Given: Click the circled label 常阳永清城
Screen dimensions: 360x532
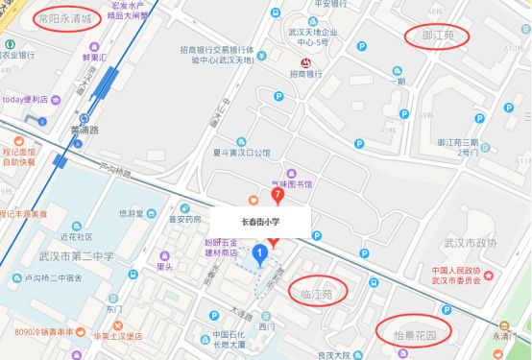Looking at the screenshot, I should [x=64, y=18].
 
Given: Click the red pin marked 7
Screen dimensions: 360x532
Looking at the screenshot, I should [x=278, y=195].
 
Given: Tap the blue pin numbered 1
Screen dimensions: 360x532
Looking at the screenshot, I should [x=259, y=254].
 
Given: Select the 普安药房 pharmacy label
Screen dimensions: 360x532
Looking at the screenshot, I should [x=183, y=218].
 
